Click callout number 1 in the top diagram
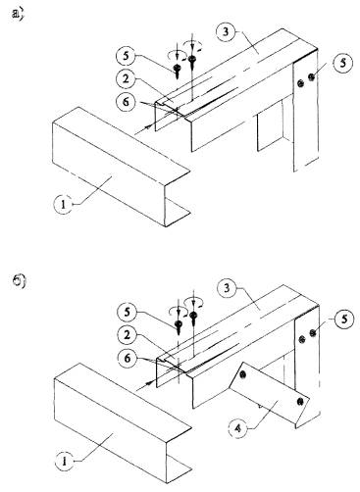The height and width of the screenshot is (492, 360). point(63,205)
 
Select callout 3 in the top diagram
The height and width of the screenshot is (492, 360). point(226,31)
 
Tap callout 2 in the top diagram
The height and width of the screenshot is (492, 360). point(127,79)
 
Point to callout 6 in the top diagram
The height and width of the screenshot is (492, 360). point(127,102)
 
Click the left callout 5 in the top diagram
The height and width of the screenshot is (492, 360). point(126,56)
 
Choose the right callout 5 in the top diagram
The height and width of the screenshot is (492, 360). point(342,63)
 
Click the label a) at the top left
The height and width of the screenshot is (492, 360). point(18,15)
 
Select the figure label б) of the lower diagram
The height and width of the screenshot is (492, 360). point(19,282)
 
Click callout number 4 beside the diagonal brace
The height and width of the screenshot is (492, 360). point(238,427)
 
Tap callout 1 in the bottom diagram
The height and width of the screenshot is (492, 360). point(64,461)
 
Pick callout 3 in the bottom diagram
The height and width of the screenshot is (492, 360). point(227,288)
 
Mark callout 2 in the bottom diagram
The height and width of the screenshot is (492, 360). point(127,335)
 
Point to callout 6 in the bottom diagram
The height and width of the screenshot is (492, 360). point(128,359)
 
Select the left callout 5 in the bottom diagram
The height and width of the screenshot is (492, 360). point(127,312)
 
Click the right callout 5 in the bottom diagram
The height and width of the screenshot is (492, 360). point(344,319)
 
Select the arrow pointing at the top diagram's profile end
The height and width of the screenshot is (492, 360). point(144,129)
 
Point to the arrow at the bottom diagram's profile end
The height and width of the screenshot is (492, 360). point(145,385)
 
